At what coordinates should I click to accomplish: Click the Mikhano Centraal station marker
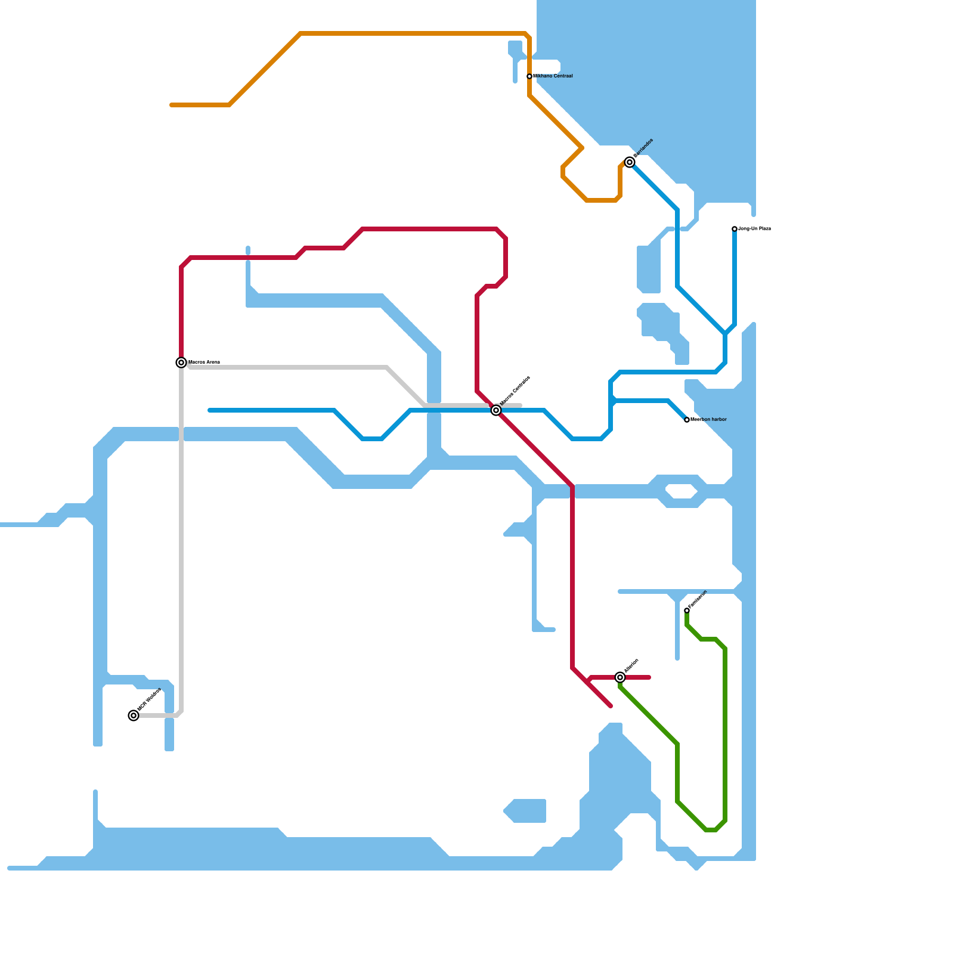(529, 76)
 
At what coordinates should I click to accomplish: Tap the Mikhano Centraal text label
(553, 76)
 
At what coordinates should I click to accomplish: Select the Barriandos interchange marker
(630, 162)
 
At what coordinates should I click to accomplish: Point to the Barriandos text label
(644, 148)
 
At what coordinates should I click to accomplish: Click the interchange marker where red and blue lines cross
(496, 410)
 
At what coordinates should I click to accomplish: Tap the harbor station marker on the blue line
(687, 420)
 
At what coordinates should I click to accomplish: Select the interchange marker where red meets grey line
(181, 363)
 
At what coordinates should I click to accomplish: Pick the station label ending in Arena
(205, 363)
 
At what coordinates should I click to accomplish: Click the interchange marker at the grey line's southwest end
(134, 715)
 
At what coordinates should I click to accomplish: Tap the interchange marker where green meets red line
(620, 677)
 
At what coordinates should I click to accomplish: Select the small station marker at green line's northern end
(687, 611)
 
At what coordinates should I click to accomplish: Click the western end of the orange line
(172, 105)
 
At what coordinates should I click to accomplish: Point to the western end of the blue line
(210, 410)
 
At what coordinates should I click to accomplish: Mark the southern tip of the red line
(611, 706)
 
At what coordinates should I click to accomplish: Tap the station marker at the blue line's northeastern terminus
(735, 229)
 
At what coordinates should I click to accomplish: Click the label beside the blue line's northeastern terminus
(755, 229)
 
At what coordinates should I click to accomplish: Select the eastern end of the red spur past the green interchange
(649, 677)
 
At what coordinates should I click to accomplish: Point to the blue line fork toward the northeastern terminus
(725, 334)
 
